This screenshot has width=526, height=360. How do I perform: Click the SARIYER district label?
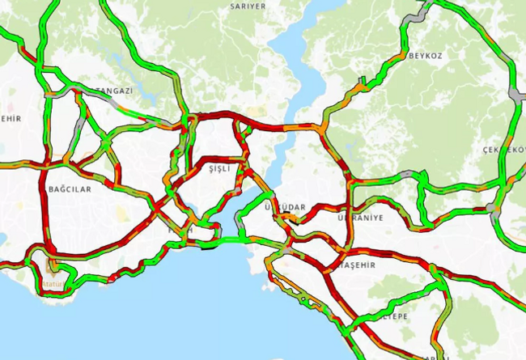click(248, 6)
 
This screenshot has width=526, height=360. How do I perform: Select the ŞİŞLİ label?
click(220, 168)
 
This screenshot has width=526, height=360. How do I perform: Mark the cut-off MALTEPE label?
click(394, 316)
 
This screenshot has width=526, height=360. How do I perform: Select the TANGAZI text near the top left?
click(114, 91)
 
